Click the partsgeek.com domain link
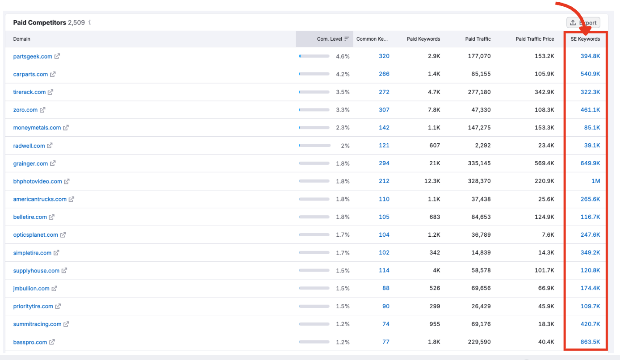[33, 56]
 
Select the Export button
[583, 23]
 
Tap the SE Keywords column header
[585, 39]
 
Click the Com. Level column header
[329, 39]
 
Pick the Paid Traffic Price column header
[535, 39]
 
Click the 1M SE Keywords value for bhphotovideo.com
[595, 181]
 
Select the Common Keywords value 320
[384, 56]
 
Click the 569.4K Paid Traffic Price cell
[544, 163]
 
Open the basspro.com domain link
[30, 342]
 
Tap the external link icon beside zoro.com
[42, 110]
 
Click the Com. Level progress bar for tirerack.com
[314, 92]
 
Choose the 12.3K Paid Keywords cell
[432, 181]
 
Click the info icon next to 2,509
[90, 22]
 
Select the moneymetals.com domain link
[37, 128]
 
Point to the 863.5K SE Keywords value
[590, 342]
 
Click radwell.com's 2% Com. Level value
[345, 146]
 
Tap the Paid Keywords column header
[423, 39]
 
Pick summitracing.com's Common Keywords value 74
[385, 324]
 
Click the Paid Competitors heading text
[39, 22]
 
